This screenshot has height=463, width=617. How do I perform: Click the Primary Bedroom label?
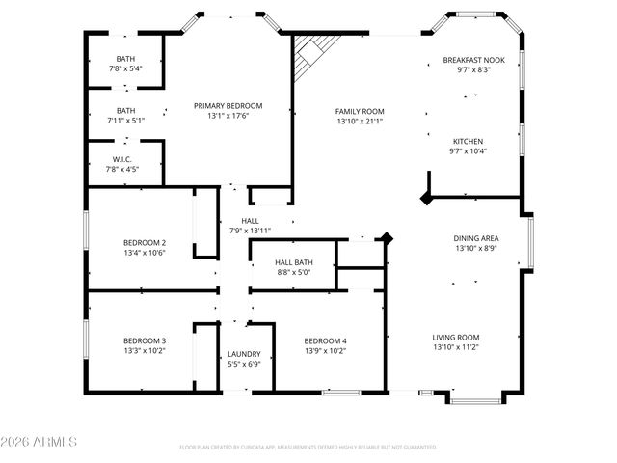[x=228, y=106]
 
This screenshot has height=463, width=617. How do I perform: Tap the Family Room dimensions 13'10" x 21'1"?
[x=360, y=122]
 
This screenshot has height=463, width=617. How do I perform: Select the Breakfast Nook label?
[x=468, y=60]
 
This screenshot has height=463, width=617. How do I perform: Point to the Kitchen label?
[x=468, y=141]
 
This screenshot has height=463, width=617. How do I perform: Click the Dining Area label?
[x=476, y=237]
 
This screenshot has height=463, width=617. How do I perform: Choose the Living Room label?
[x=456, y=337]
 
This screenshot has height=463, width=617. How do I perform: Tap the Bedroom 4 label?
[x=325, y=340]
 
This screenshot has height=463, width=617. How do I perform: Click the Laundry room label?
[x=243, y=353]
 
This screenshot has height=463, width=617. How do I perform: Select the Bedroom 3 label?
[x=144, y=340]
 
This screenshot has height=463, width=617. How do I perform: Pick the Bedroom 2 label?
[x=144, y=242]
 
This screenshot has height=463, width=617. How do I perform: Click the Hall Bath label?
[x=294, y=261]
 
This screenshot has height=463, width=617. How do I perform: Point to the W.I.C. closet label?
[x=121, y=159]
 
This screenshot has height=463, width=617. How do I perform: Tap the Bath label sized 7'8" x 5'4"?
[x=125, y=59]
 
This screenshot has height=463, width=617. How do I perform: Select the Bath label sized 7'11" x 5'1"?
[x=125, y=111]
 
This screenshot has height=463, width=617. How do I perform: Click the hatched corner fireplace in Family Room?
[x=313, y=56]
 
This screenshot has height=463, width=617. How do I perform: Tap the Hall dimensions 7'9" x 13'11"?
[x=250, y=231]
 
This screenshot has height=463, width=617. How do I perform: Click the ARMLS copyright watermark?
[x=40, y=441]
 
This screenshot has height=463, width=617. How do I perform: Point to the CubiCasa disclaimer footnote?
[x=308, y=448]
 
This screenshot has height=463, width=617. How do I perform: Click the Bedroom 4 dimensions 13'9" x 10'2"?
[x=325, y=351]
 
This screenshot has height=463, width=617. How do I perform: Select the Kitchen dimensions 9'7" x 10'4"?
[x=468, y=151]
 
